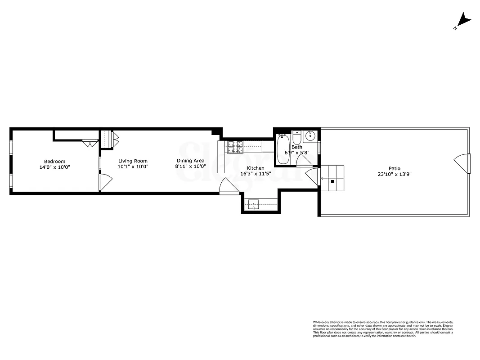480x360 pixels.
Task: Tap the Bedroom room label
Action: [x=54, y=162]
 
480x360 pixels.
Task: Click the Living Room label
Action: [x=133, y=161]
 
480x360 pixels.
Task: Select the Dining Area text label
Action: [x=190, y=161]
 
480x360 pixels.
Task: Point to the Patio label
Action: [x=395, y=168]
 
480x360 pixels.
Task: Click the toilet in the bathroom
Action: [x=297, y=136]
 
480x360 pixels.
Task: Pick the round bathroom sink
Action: [x=310, y=135]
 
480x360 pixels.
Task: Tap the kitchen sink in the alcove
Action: [x=254, y=205]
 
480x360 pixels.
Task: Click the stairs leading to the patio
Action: [x=332, y=178]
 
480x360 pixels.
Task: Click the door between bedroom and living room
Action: [x=105, y=182]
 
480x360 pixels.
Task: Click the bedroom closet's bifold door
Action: [x=90, y=144]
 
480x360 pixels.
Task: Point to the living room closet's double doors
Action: [x=115, y=139]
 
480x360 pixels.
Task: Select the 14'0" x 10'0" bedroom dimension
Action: [x=54, y=167]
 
